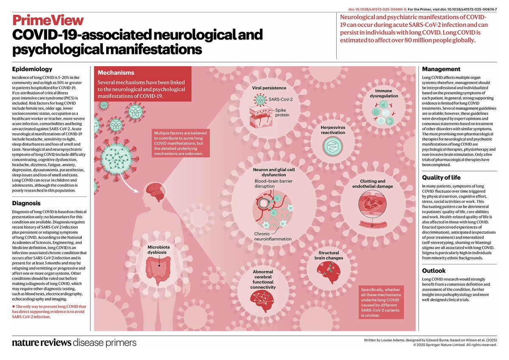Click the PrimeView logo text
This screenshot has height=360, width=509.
[x=48, y=20]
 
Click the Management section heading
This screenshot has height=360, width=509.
[x=441, y=69]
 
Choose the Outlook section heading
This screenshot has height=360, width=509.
[x=434, y=270]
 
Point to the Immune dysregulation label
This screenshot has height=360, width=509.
[x=386, y=93]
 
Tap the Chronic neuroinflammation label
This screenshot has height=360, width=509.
[x=273, y=236]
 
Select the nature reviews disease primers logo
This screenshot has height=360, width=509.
[x=74, y=343]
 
